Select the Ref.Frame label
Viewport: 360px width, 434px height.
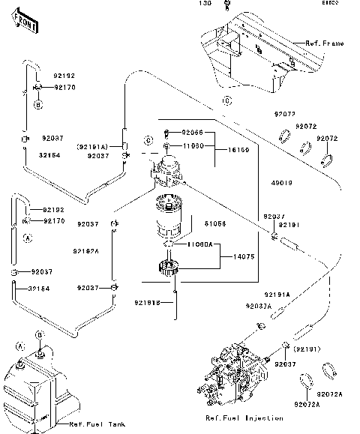pos(324,43)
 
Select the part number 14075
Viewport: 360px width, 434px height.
pos(232,257)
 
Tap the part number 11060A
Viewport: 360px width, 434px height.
pos(200,244)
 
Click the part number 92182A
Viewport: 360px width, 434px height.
pos(86,251)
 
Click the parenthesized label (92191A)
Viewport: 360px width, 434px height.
pos(101,145)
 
